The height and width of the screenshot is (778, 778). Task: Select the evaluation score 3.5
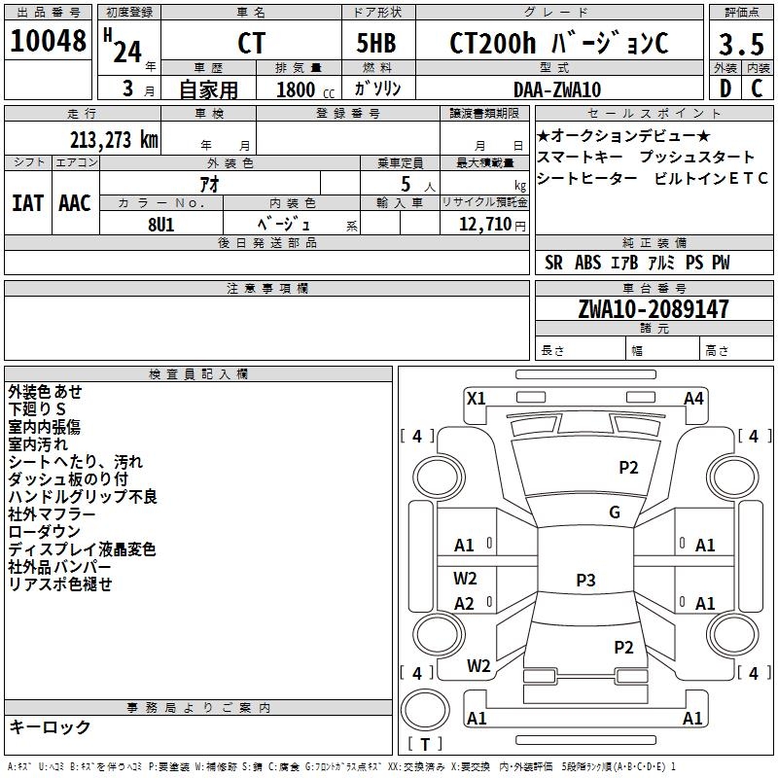pos(739,45)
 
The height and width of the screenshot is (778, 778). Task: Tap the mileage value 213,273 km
pos(114,139)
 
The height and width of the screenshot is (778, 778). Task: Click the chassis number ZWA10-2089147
pos(653,309)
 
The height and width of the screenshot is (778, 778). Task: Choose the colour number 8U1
pos(160,223)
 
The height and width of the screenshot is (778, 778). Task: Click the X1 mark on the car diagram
pos(476,397)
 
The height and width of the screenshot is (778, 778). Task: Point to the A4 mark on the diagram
pos(693,398)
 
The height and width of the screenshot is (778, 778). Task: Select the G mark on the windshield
pos(615,513)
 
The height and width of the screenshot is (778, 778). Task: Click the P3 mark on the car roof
pos(585,580)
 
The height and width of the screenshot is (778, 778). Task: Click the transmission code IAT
pos(26,203)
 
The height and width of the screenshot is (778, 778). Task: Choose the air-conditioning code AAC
pos(75,203)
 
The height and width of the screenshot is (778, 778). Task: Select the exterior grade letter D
pos(725,89)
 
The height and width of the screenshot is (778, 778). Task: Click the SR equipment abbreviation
pos(553,263)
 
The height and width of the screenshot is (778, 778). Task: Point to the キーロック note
pos(50,726)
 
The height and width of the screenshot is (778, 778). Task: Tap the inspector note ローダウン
pos(44,532)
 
